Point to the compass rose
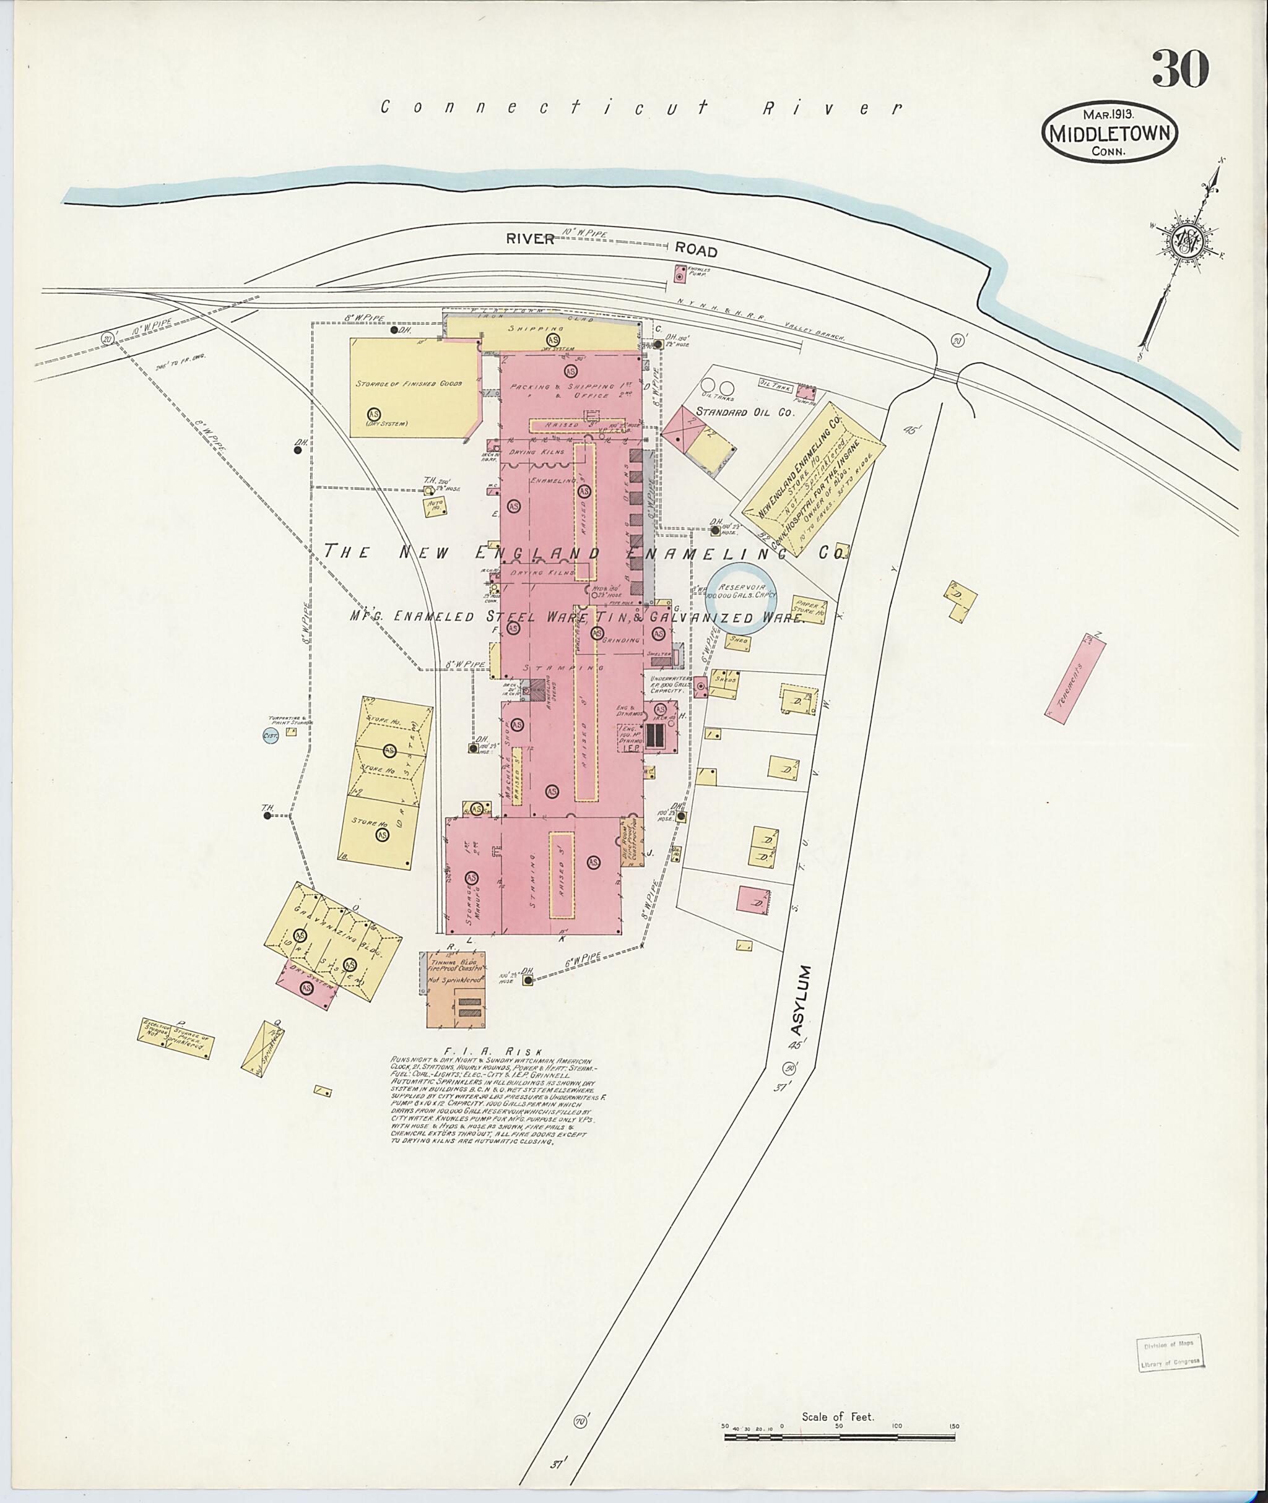point(1187,241)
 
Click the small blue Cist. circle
point(271,735)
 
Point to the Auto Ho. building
point(434,505)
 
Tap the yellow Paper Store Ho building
point(809,609)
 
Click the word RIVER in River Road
point(530,238)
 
